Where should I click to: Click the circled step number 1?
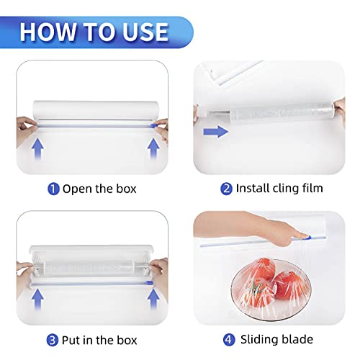click(53, 189)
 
